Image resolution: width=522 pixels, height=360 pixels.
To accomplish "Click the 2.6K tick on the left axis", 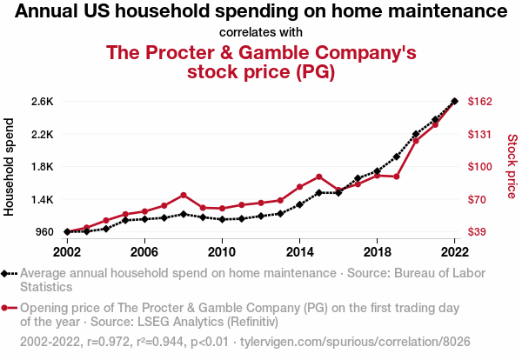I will pyautogui.click(x=43, y=102).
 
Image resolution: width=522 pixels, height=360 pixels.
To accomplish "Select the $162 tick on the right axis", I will pyautogui.click(x=480, y=102).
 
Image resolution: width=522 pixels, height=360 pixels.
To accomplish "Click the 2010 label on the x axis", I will pyautogui.click(x=222, y=252).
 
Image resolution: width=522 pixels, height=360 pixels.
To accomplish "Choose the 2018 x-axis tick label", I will pyautogui.click(x=377, y=252).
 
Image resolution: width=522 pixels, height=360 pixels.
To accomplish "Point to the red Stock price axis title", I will pyautogui.click(x=512, y=165).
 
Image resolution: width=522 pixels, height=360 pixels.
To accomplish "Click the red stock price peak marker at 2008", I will pyautogui.click(x=184, y=195).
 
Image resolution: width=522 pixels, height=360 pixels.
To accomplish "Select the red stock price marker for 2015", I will pyautogui.click(x=319, y=177).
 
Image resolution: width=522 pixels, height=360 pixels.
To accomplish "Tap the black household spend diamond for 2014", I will pyautogui.click(x=300, y=204).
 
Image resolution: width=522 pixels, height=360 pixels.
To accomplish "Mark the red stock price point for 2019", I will pyautogui.click(x=397, y=177).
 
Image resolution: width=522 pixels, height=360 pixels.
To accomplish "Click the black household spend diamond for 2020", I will pyautogui.click(x=416, y=135).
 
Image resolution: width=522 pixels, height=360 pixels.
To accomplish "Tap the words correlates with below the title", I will pyautogui.click(x=261, y=32).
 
